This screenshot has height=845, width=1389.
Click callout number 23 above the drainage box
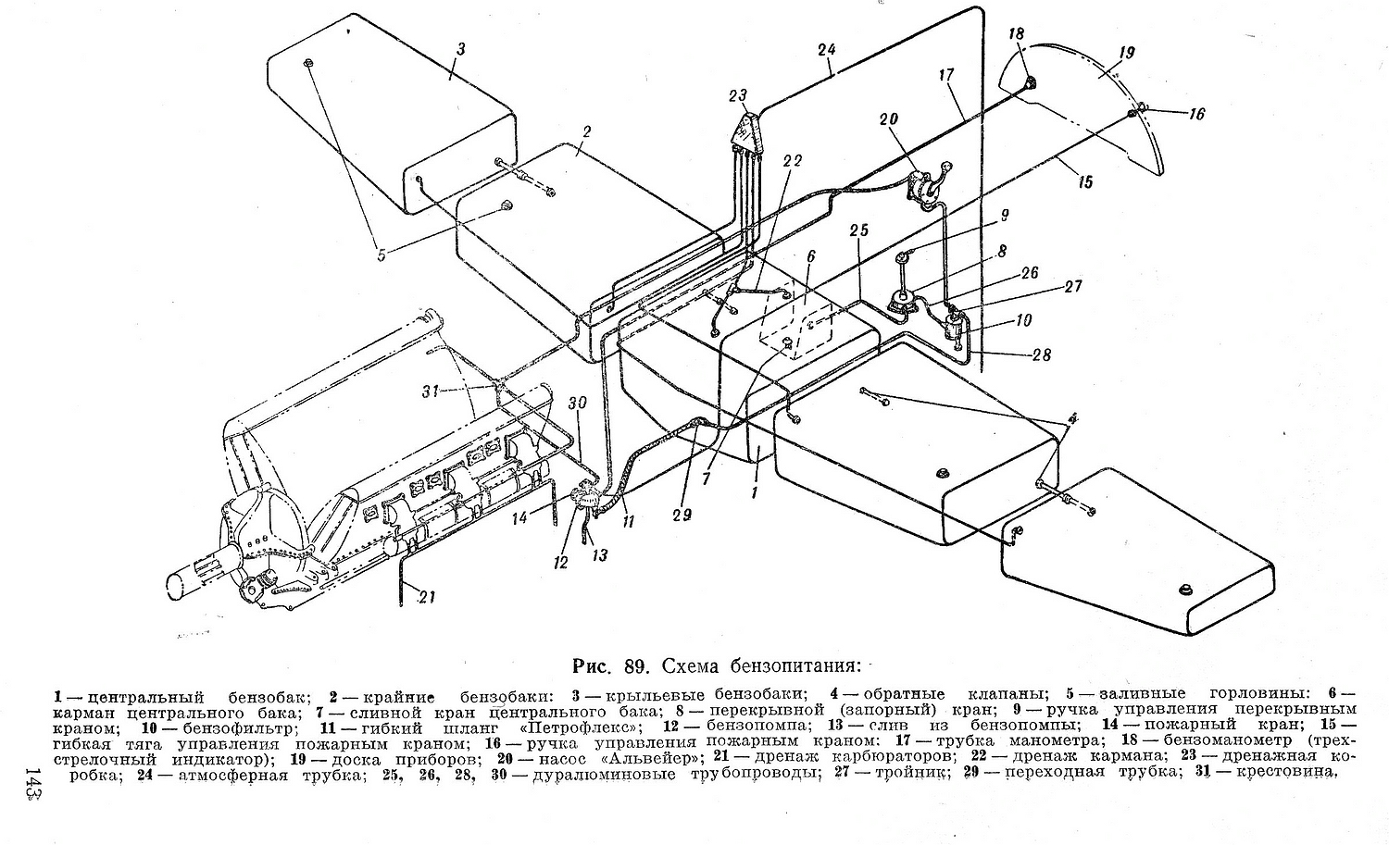tap(738, 96)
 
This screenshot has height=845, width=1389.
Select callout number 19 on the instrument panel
tap(1126, 53)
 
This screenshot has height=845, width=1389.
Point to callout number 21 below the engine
tap(427, 597)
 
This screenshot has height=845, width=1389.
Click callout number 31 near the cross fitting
tap(431, 391)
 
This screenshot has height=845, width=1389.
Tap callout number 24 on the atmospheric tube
tap(827, 50)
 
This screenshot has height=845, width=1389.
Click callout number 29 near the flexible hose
tap(682, 515)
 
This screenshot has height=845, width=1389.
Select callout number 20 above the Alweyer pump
tap(888, 119)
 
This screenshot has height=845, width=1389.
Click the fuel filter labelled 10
tap(954, 326)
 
